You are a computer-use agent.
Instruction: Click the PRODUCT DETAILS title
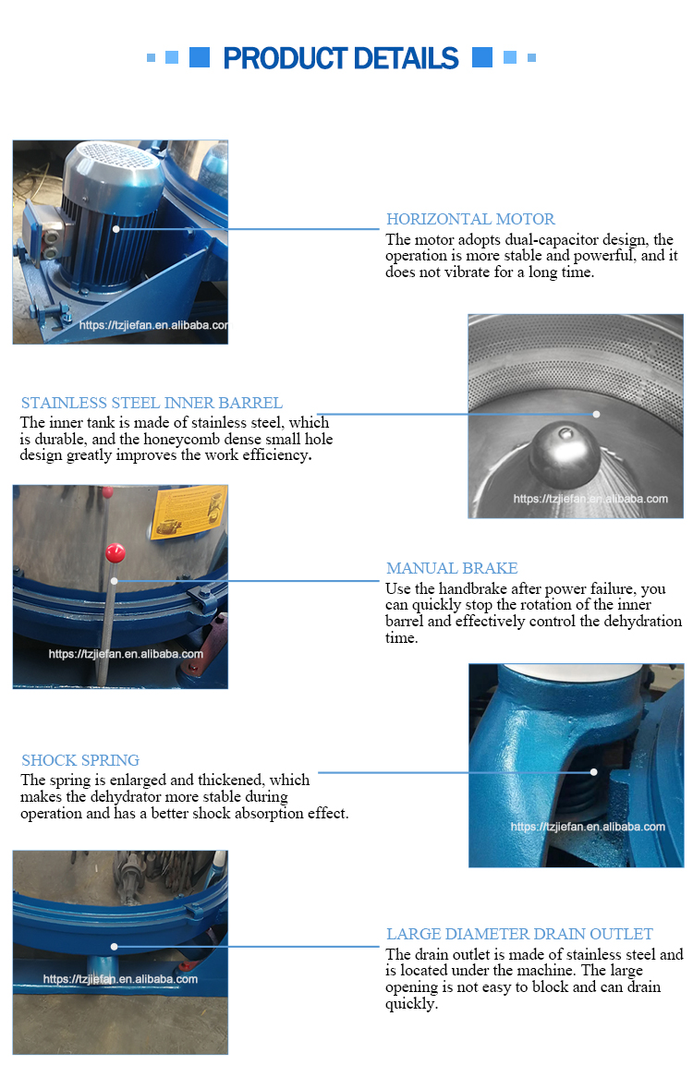[341, 58]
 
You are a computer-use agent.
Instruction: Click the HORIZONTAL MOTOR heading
[470, 220]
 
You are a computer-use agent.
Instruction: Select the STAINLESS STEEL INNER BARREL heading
[152, 403]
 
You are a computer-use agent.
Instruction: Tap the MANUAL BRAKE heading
[452, 568]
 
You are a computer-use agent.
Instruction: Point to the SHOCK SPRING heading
[80, 760]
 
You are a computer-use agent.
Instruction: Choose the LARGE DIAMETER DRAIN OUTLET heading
[519, 934]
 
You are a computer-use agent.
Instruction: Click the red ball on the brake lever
[115, 553]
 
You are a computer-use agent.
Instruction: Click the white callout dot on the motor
[116, 228]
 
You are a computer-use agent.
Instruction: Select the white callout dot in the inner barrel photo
[596, 414]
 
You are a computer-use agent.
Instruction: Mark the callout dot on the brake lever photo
[114, 581]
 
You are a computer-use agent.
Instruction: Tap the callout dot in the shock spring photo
[593, 772]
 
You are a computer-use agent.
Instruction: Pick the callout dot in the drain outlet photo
[114, 947]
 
